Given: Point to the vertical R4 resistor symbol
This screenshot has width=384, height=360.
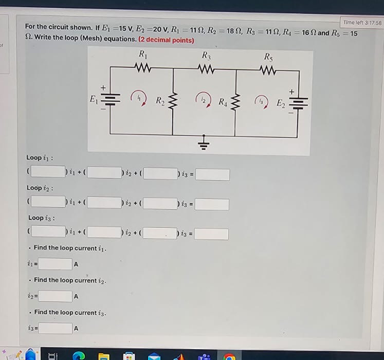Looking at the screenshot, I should [x=235, y=101].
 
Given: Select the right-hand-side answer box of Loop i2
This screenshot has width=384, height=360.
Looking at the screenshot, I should [x=212, y=204].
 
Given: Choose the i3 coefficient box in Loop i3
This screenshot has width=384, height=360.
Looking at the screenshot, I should [x=160, y=234].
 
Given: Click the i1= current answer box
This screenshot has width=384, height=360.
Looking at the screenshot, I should [x=56, y=264].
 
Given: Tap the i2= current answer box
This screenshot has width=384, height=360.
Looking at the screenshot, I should [x=56, y=296].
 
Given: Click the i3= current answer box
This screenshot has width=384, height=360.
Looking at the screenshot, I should [x=54, y=328].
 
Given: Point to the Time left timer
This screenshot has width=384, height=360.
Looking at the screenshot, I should [x=362, y=23].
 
